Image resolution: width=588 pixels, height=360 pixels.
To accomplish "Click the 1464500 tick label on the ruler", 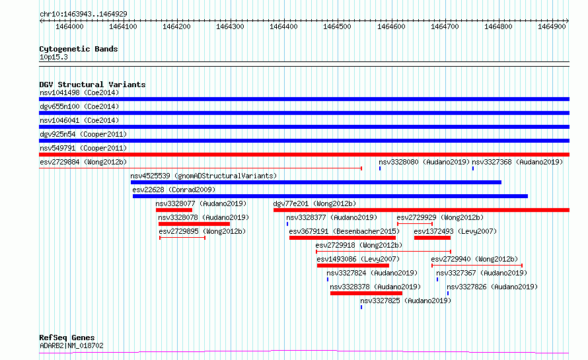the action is [337, 26].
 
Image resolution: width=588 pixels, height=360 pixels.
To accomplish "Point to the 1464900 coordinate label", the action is [552, 26].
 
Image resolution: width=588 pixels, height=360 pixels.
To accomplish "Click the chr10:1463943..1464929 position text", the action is [84, 14].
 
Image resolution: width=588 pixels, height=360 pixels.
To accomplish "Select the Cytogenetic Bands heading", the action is [79, 49].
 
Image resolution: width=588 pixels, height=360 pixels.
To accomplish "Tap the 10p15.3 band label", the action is [54, 57].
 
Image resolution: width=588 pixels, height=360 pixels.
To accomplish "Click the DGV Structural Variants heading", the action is [92, 85].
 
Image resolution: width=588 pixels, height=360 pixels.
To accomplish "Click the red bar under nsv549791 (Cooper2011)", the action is [304, 155].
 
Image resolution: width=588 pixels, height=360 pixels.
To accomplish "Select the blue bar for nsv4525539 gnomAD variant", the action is [316, 182].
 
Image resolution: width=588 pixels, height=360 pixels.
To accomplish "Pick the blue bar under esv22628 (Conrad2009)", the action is [330, 196].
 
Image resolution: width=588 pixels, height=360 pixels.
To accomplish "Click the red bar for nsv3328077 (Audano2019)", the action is [174, 210].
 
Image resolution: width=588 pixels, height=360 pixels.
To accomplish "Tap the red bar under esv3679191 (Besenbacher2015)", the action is [342, 238].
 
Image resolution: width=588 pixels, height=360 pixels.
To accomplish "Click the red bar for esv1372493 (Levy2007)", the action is [432, 238].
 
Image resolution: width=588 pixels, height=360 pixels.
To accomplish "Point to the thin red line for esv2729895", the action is [182, 238].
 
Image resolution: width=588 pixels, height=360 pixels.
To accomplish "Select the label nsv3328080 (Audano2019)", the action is [424, 162].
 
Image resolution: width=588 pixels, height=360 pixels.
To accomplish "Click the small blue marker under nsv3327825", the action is [361, 307].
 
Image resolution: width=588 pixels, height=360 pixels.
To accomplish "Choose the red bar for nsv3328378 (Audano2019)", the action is [367, 293].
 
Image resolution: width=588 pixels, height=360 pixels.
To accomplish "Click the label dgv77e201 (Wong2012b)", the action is [314, 203].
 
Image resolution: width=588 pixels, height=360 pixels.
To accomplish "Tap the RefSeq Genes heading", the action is [67, 338].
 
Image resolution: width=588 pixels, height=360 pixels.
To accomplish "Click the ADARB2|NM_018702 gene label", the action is [71, 345].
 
